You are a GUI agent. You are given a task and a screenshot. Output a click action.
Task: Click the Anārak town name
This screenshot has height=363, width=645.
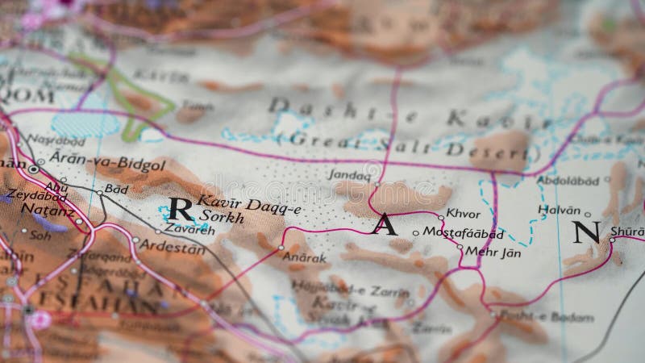click(x=305, y=258)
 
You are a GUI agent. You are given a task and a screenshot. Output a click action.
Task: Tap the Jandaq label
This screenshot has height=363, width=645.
click(x=350, y=173)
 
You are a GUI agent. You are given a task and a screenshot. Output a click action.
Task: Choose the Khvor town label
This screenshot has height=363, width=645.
click(x=463, y=215)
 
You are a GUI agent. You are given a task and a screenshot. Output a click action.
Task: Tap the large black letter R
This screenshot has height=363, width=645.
click(x=181, y=210)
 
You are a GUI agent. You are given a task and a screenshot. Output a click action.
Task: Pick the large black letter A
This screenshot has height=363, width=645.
click(x=385, y=224)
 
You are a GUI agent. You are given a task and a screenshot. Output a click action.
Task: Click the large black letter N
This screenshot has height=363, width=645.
click(x=586, y=232)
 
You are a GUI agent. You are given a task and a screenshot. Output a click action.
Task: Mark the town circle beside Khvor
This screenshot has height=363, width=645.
click(x=441, y=216)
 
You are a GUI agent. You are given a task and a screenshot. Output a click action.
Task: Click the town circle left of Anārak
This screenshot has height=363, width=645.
click(x=281, y=247)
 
